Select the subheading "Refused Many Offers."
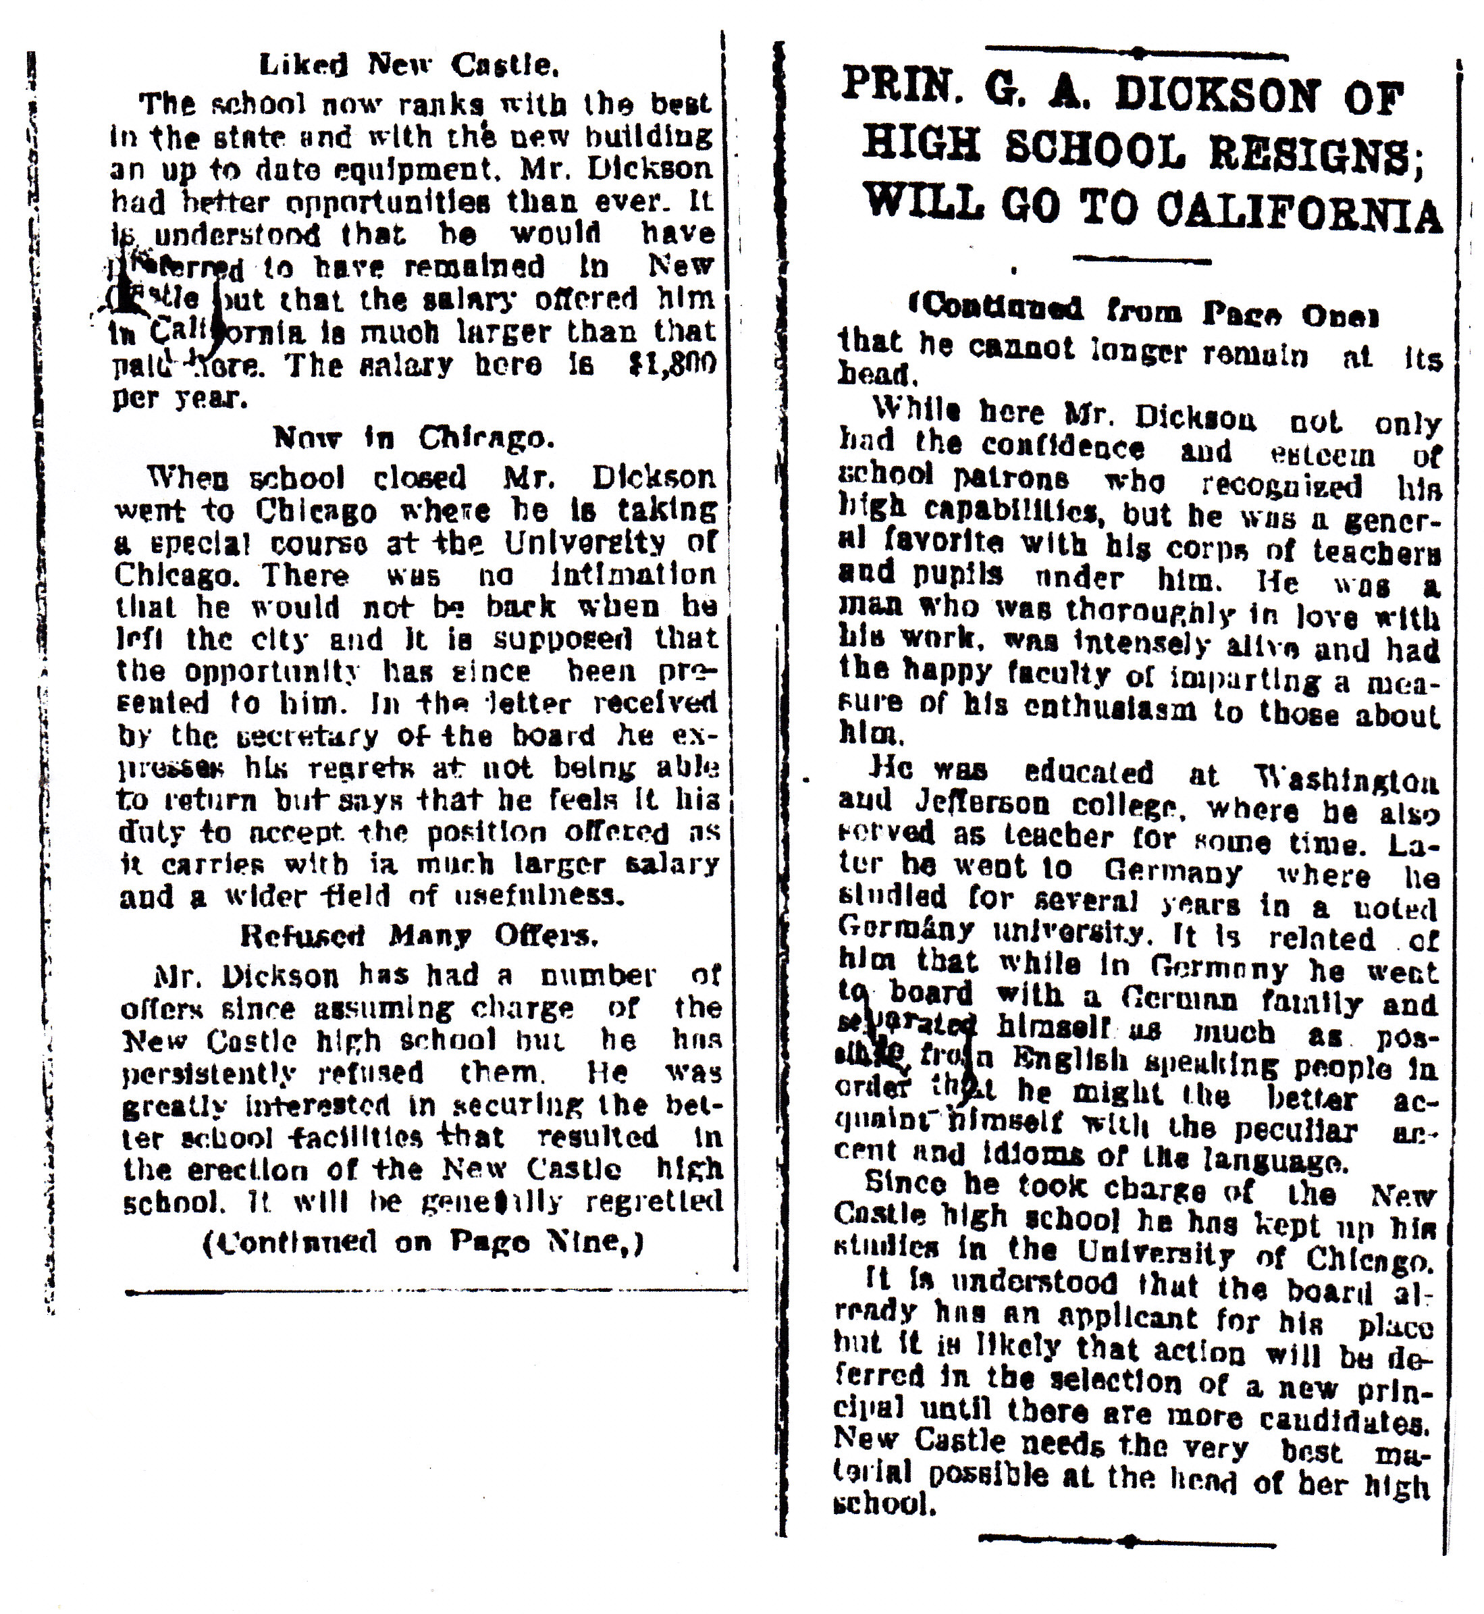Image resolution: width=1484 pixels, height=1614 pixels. pyautogui.click(x=419, y=936)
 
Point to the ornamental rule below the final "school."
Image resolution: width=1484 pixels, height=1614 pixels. pyautogui.click(x=1128, y=1539)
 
